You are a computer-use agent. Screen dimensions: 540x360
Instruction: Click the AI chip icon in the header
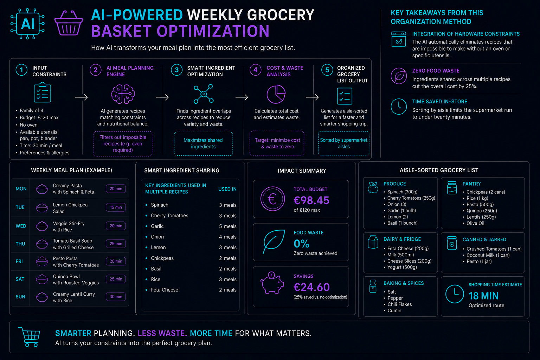(x=27, y=24)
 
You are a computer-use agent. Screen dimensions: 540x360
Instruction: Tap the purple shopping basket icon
(x=69, y=23)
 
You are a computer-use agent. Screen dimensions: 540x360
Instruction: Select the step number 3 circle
(x=177, y=70)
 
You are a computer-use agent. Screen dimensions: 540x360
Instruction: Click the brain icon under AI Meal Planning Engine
(x=123, y=94)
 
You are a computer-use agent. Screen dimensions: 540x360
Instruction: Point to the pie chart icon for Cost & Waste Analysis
(x=276, y=94)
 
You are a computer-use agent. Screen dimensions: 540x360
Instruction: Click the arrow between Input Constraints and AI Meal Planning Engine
(x=81, y=97)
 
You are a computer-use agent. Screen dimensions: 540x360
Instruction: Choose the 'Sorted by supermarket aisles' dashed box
(x=343, y=143)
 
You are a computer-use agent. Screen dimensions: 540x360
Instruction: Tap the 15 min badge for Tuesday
(x=116, y=207)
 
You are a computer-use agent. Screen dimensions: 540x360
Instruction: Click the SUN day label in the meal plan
(x=20, y=297)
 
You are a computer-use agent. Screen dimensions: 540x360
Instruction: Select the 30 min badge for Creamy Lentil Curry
(x=116, y=297)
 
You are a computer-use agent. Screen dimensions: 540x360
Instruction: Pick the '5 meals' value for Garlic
(x=227, y=226)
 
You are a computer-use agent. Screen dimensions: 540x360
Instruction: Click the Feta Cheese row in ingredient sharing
(x=191, y=290)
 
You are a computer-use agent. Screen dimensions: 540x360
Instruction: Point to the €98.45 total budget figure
(x=311, y=200)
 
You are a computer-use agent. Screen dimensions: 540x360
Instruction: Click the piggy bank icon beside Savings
(x=272, y=283)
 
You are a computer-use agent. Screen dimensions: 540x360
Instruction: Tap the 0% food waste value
(x=301, y=244)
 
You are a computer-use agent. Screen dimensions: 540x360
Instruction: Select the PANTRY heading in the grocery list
(x=471, y=184)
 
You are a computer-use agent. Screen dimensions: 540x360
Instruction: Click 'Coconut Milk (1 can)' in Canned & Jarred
(x=488, y=255)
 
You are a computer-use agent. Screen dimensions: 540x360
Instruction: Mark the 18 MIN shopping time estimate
(x=483, y=296)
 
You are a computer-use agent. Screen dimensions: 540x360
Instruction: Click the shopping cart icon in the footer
(x=29, y=337)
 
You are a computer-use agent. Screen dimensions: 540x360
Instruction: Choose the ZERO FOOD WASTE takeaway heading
(x=436, y=71)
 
